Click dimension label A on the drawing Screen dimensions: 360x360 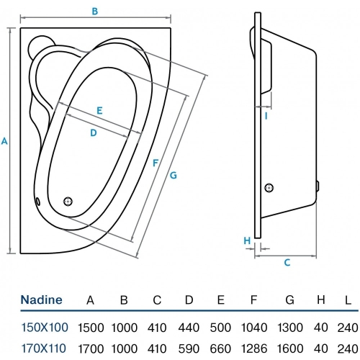[x=5, y=141]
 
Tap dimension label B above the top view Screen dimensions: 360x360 [x=95, y=10]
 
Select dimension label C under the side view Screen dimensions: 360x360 [x=286, y=263]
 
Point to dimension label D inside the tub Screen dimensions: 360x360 [x=94, y=132]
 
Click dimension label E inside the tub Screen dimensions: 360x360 [x=99, y=110]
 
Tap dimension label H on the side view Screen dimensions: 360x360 [x=247, y=240]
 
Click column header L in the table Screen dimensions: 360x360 [x=348, y=300]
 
